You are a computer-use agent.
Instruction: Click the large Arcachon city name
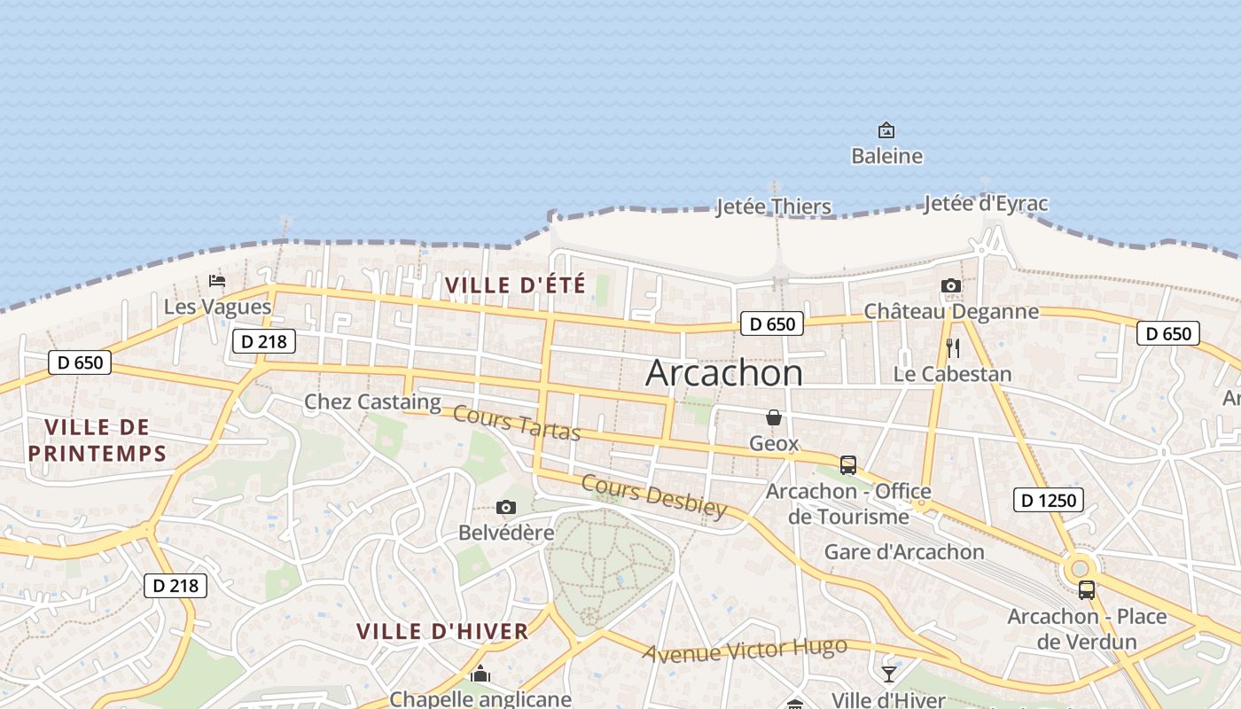click(724, 373)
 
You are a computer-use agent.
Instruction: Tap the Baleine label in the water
click(886, 157)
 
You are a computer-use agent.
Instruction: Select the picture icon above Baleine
click(886, 131)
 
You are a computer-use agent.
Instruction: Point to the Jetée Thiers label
click(773, 207)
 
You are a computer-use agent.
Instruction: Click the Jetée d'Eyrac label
click(985, 204)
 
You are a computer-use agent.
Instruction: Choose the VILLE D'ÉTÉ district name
click(515, 285)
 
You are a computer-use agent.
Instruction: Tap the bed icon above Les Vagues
click(217, 282)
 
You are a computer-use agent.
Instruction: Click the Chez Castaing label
click(372, 402)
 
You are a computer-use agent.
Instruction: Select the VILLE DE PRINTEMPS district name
click(97, 440)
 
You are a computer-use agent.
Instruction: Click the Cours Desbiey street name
click(654, 496)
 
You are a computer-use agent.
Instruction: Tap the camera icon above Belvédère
click(506, 508)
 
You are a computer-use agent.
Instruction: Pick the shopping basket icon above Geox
click(774, 417)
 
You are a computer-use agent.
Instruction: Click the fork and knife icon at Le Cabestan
click(953, 347)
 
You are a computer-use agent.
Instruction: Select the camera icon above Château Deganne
click(950, 285)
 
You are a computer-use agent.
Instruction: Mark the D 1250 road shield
click(1048, 501)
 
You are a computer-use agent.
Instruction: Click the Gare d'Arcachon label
click(904, 552)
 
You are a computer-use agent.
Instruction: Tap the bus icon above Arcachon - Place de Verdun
click(1086, 590)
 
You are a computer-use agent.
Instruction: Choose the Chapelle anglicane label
click(480, 699)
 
